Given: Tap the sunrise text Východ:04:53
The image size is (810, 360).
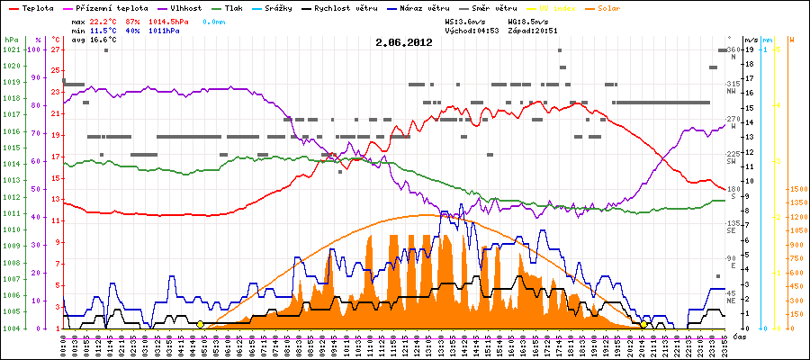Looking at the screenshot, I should [473, 31].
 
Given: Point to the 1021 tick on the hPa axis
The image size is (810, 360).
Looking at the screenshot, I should [11, 49].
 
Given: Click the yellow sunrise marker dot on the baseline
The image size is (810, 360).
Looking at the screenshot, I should [200, 324].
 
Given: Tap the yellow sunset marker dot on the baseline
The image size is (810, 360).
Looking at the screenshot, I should [644, 324].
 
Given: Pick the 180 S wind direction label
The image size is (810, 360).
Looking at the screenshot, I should [733, 192].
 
